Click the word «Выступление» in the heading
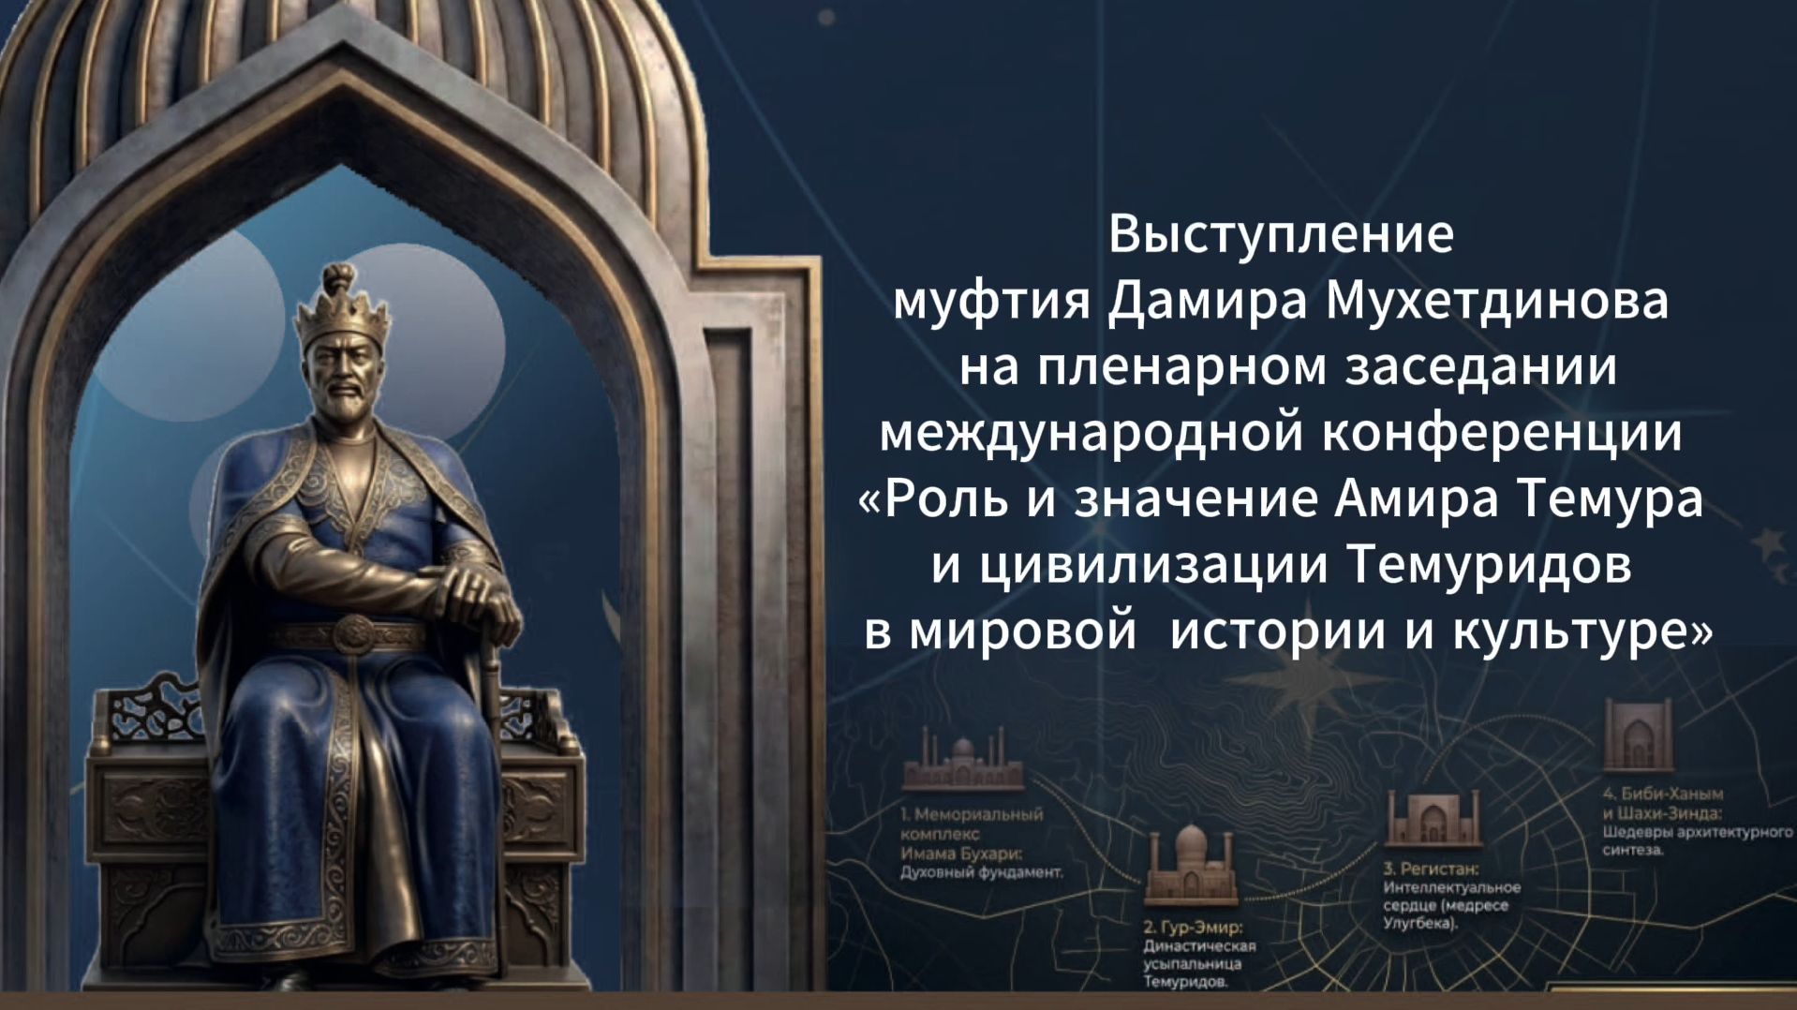(x=1280, y=234)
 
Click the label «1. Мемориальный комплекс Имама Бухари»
(x=971, y=834)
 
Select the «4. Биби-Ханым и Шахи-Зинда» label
(x=1662, y=804)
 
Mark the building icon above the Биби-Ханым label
(x=1638, y=735)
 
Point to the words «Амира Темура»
(x=1518, y=498)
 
